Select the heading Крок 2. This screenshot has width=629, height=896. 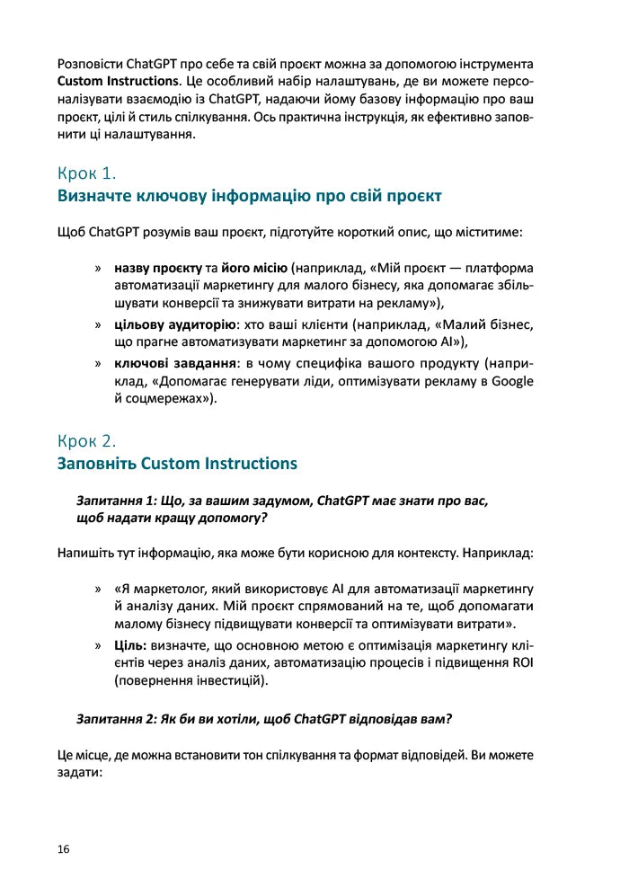(87, 441)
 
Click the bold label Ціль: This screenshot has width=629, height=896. (133, 645)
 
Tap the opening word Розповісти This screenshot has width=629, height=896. (90, 65)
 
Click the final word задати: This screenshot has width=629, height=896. (79, 772)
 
